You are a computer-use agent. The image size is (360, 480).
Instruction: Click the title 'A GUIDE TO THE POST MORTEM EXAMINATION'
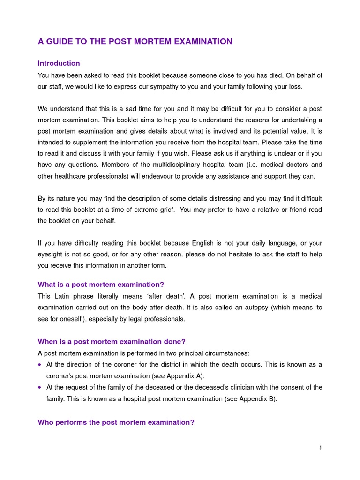(135, 42)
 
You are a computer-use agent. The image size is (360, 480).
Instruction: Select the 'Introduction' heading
(59, 63)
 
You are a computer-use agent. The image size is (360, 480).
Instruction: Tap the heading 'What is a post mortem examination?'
(101, 285)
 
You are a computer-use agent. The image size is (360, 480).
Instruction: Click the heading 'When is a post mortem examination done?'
(112, 342)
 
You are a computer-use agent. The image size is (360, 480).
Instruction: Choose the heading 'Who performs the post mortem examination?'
(116, 422)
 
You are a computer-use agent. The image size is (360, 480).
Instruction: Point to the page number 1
(321, 448)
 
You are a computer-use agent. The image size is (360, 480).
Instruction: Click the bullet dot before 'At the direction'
(40, 365)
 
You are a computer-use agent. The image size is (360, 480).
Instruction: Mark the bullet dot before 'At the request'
(40, 388)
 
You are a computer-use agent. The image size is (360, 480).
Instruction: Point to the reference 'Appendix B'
(257, 399)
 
